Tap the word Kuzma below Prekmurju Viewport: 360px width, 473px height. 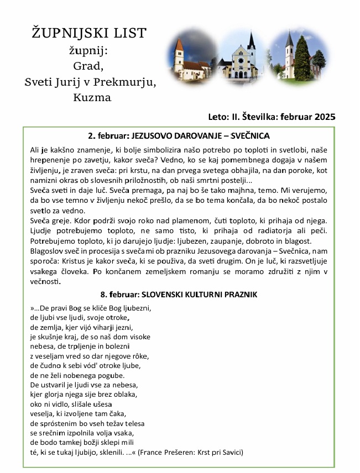click(92, 98)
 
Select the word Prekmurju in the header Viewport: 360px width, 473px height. click(127, 82)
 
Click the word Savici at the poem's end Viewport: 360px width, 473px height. click(227, 452)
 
